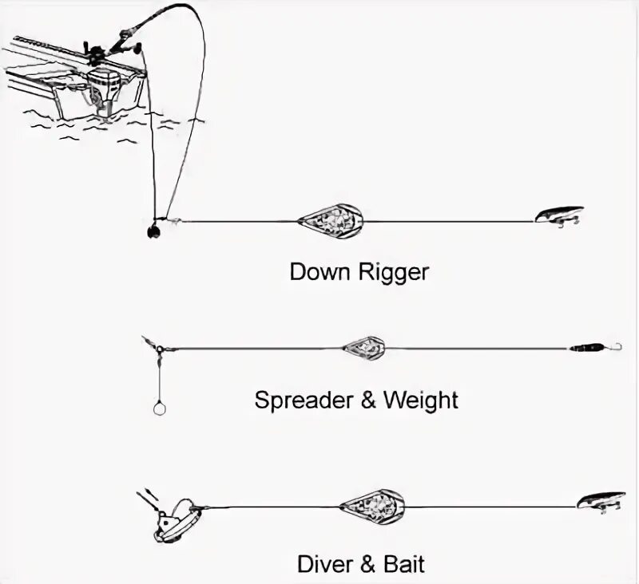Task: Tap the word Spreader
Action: (x=303, y=400)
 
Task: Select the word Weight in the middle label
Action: (x=421, y=400)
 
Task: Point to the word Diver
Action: (x=324, y=565)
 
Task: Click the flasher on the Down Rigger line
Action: (x=331, y=219)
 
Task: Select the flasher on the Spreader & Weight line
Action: (x=364, y=348)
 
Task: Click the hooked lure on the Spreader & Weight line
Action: (x=594, y=348)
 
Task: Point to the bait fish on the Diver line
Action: (x=601, y=500)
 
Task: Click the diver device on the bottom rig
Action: (x=174, y=520)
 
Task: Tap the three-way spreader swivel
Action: (x=159, y=349)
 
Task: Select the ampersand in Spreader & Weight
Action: (x=368, y=400)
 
